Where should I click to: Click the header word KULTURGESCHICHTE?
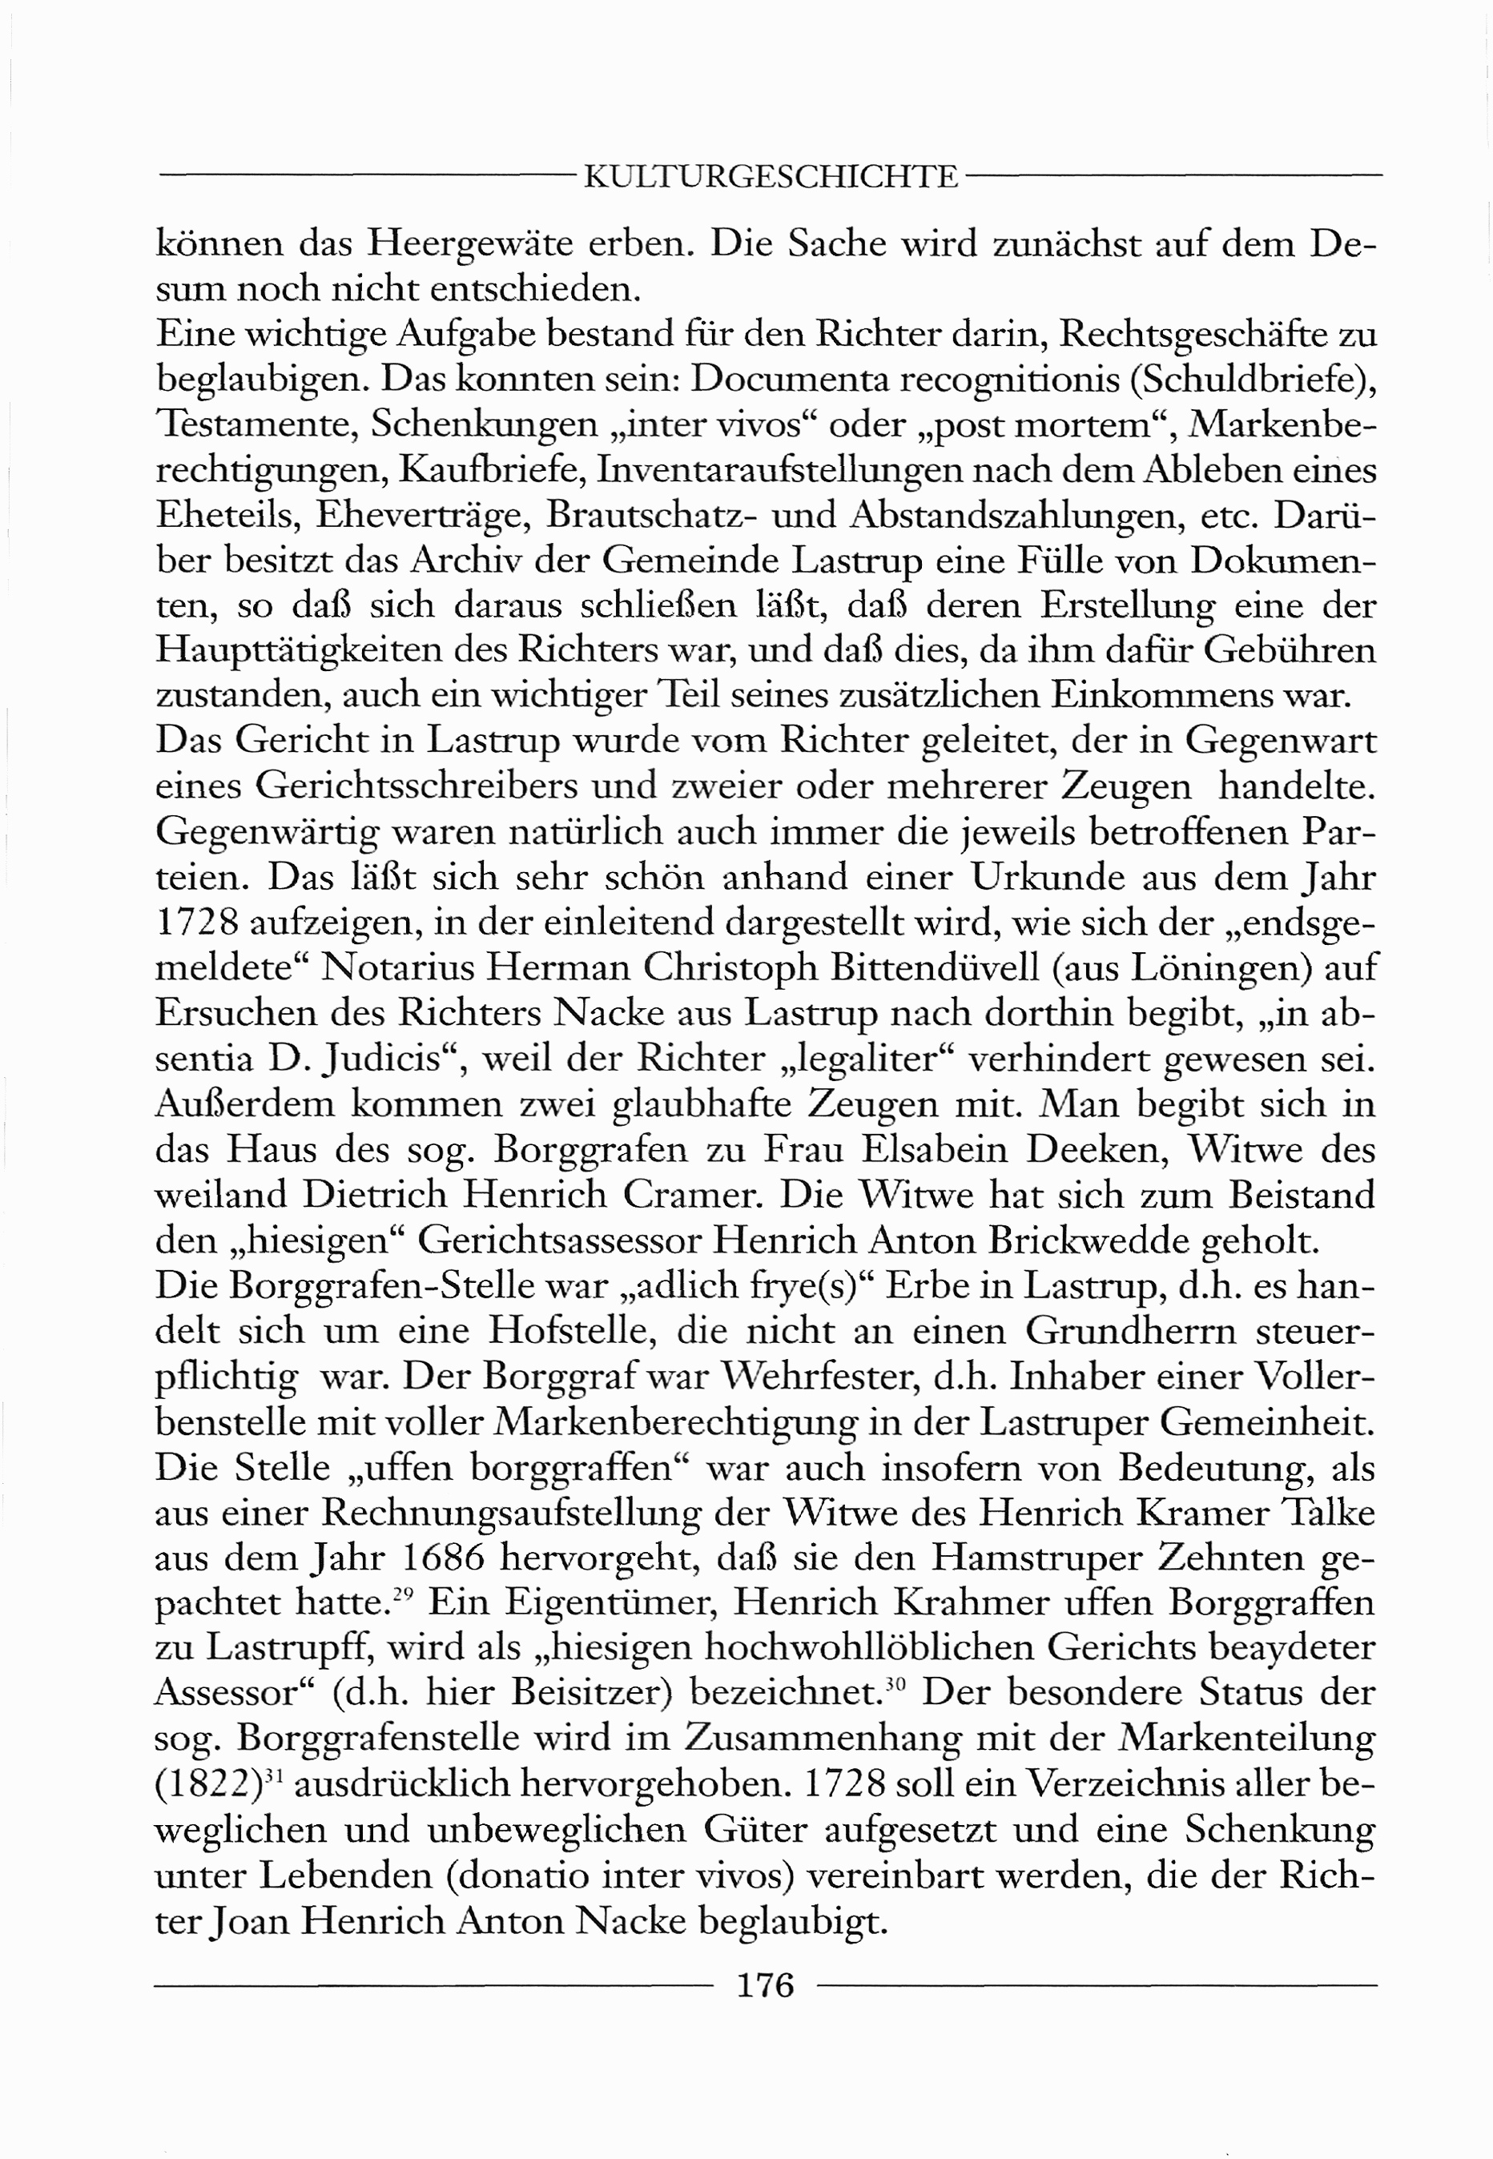[771, 177]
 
